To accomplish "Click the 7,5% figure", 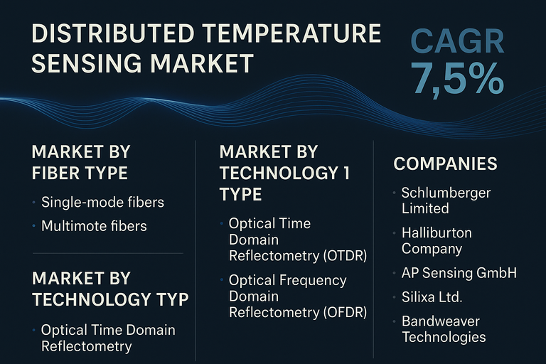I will click(x=458, y=80).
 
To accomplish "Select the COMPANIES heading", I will click(x=445, y=164).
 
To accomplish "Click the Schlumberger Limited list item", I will click(x=446, y=200).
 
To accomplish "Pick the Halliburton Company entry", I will click(x=437, y=240).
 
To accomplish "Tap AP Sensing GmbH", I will click(x=459, y=272).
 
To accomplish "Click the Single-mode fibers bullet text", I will click(x=102, y=203).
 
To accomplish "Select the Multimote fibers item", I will click(x=94, y=226).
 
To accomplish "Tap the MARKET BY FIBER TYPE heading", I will click(x=80, y=162).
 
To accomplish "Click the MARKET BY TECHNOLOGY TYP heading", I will click(x=110, y=288).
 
